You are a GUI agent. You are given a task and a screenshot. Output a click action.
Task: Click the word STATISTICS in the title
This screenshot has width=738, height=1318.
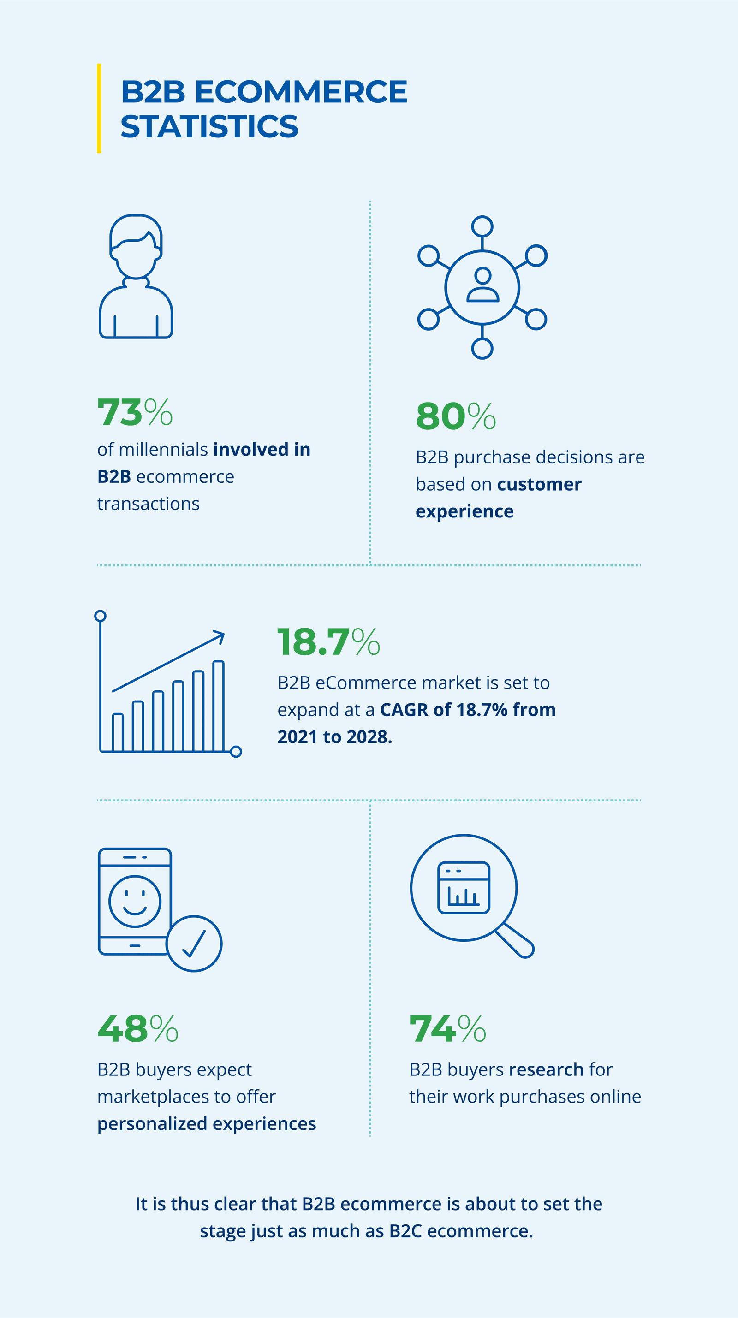pos(209,126)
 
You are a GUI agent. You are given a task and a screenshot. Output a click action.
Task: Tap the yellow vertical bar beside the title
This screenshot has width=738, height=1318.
pos(99,108)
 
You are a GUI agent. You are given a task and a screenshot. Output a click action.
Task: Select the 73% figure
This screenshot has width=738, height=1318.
pos(135,412)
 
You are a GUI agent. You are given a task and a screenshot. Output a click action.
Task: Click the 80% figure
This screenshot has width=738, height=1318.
pos(456,416)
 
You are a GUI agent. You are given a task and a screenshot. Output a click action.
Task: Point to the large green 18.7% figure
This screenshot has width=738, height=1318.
pos(328,641)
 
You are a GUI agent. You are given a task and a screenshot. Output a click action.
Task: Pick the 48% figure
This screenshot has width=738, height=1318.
pos(137,1029)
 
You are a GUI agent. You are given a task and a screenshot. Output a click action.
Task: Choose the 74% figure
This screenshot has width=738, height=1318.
pos(447,1029)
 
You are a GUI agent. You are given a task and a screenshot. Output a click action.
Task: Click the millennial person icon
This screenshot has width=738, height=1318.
pos(136,276)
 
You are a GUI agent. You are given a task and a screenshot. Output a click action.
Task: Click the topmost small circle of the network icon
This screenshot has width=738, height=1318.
pos(482,226)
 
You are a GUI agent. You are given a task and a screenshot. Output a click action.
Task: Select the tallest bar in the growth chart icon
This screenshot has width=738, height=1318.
pos(219,706)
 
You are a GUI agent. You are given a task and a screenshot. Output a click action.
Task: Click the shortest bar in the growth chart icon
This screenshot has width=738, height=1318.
pos(118,732)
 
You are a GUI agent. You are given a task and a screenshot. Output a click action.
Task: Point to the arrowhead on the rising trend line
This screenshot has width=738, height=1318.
pos(220,636)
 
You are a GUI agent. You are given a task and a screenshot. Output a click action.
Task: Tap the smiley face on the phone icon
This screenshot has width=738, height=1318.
pos(135,901)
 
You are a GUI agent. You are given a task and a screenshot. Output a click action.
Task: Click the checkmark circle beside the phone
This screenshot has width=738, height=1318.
pos(194,944)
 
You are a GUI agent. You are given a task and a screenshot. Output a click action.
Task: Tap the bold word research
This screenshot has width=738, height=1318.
pos(546,1069)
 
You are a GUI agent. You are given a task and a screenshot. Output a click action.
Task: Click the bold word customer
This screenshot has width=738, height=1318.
pos(539,484)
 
